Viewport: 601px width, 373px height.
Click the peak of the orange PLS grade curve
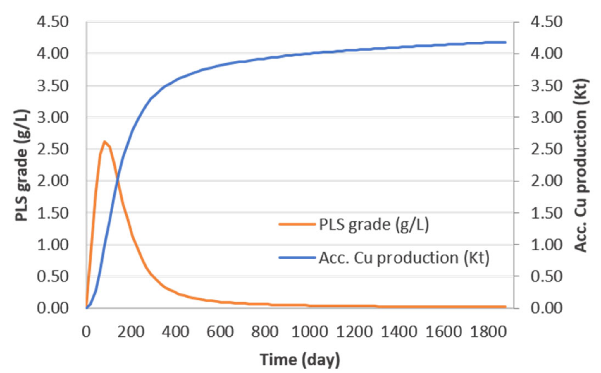click(x=104, y=142)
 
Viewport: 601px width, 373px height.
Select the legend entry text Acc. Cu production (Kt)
click(x=404, y=258)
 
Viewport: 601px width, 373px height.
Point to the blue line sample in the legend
click(x=297, y=258)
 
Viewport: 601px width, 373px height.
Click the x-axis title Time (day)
click(x=300, y=360)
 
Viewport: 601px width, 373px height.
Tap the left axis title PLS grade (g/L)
click(x=22, y=165)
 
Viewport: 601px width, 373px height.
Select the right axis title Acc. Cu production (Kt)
click(x=581, y=165)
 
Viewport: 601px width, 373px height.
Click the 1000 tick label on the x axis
click(x=309, y=332)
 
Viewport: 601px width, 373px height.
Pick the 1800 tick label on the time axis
click(x=488, y=332)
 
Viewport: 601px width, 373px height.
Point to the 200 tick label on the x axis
click(x=131, y=332)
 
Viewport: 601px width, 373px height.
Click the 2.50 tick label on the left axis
click(x=53, y=149)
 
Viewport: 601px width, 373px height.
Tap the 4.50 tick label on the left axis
click(x=53, y=22)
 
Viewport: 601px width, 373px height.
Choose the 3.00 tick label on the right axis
click(x=546, y=118)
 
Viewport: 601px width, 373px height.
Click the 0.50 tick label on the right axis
click(x=546, y=276)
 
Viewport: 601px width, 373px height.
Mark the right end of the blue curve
click(x=505, y=42)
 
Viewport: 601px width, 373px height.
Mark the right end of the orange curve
click(x=505, y=307)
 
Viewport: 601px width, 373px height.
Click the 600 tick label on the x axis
click(x=220, y=332)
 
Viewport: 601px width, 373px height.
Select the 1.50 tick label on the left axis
click(x=53, y=213)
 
